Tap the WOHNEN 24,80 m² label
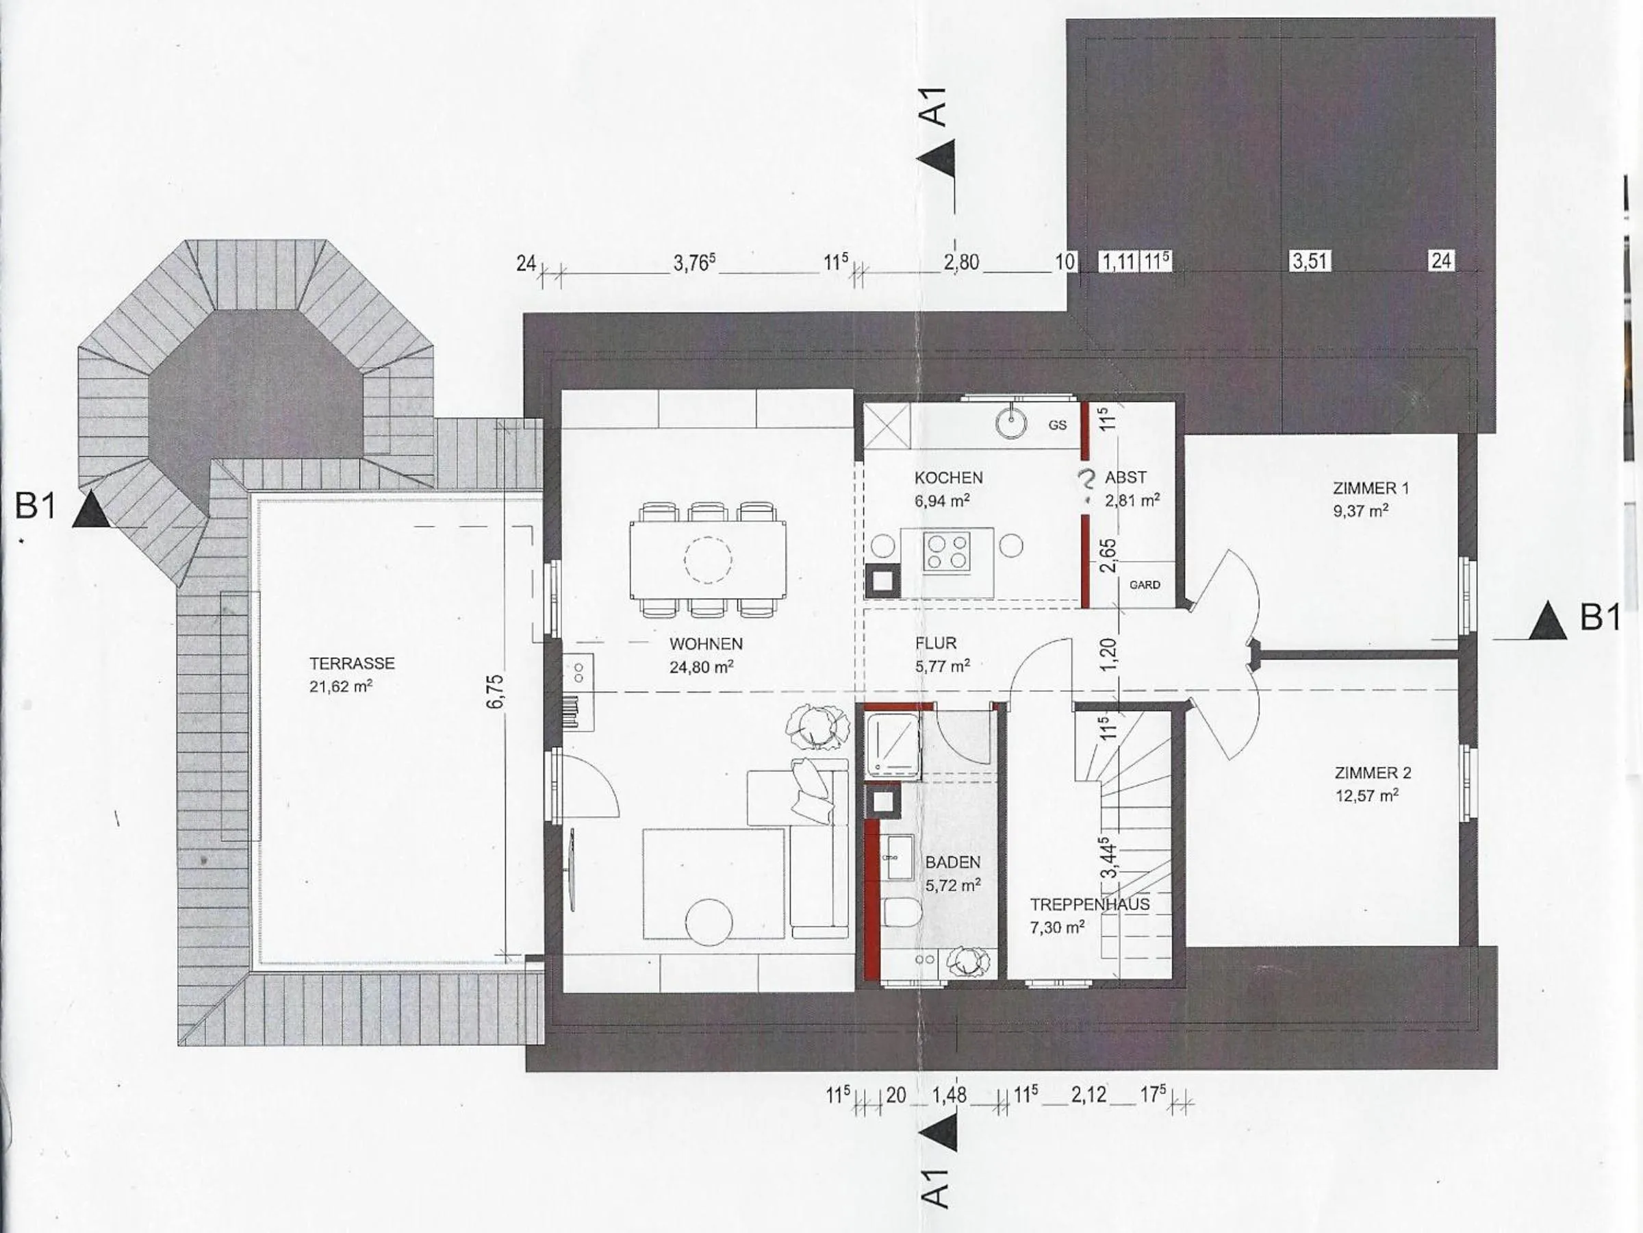[706, 655]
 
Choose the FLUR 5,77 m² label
[943, 654]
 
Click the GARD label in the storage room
[1145, 585]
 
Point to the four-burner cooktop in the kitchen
[947, 551]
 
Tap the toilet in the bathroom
[902, 910]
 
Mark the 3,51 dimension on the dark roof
[1310, 261]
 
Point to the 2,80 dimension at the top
[961, 262]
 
